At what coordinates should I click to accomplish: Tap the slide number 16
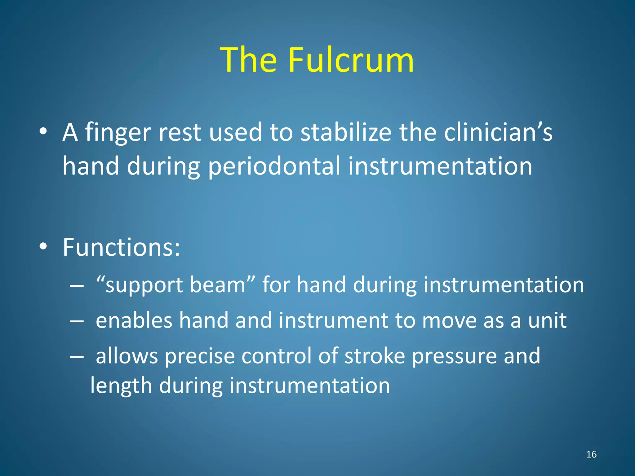(x=591, y=454)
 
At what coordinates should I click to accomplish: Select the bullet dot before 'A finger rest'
(x=43, y=132)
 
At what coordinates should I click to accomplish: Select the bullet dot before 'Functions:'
(x=43, y=247)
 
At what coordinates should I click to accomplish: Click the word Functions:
(x=121, y=247)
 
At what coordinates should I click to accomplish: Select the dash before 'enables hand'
(x=77, y=321)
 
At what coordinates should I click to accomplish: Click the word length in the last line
(x=121, y=386)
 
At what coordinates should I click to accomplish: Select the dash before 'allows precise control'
(x=77, y=356)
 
